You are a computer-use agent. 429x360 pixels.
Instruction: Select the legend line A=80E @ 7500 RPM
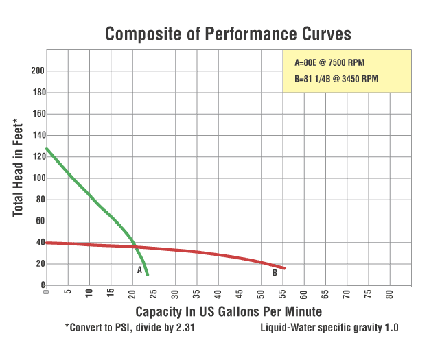[x=329, y=62]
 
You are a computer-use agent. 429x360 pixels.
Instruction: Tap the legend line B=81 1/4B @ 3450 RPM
[x=336, y=79]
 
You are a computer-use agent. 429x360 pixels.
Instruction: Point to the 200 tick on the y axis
[x=38, y=71]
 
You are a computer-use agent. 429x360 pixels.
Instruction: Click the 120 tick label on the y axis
[x=38, y=156]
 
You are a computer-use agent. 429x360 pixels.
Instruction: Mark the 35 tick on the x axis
[x=196, y=292]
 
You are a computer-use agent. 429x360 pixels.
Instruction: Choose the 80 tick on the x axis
[x=389, y=292]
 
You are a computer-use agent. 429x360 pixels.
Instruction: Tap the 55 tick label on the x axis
[x=282, y=292]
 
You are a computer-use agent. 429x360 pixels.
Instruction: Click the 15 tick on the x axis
[x=111, y=292]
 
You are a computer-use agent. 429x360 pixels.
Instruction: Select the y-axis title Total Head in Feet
[x=19, y=169]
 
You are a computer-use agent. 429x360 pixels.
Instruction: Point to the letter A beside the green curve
[x=139, y=270]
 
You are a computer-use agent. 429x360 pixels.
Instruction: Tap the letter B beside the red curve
[x=274, y=272]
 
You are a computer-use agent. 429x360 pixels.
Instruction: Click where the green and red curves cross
[x=134, y=247]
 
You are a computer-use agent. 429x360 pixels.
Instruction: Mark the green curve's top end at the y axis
[x=46, y=149]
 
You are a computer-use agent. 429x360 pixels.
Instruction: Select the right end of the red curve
[x=284, y=268]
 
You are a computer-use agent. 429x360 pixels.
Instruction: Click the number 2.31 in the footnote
[x=183, y=327]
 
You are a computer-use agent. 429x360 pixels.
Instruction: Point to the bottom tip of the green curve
[x=148, y=275]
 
